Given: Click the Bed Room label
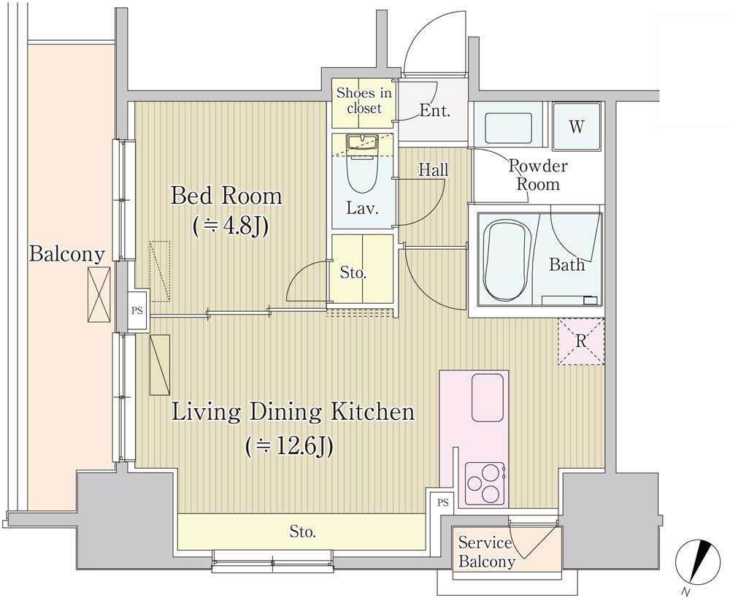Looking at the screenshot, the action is click(227, 196).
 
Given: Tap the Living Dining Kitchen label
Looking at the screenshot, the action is click(293, 412).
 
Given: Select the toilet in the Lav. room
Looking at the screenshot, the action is click(362, 170).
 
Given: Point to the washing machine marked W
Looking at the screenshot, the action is click(577, 126).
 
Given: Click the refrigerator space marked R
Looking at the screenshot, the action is click(581, 342).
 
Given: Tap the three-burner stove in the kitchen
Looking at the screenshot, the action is click(485, 483).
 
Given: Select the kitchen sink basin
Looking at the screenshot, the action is click(488, 397).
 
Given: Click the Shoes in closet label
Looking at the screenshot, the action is click(364, 100).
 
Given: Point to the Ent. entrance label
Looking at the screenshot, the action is click(434, 111).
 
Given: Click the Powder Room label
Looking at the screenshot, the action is click(538, 175).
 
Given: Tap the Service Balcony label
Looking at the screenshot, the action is click(486, 552).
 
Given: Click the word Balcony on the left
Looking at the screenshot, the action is click(66, 255).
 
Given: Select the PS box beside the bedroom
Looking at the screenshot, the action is click(137, 310).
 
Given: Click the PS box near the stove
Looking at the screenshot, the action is click(443, 502).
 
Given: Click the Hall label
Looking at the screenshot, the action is click(433, 169).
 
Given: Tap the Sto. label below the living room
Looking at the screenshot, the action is click(303, 532).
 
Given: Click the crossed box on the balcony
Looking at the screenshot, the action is click(99, 294).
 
